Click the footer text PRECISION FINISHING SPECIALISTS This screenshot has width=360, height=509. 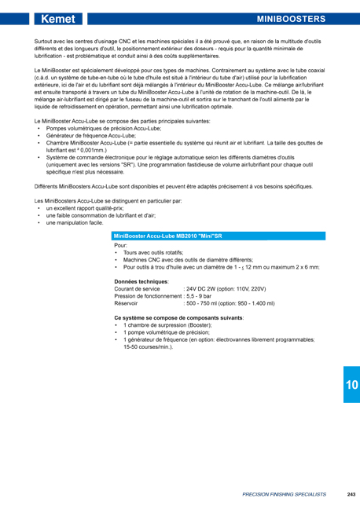pos(283,494)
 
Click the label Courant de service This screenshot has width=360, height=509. pos(138,288)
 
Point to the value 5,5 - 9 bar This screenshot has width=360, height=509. pos(197,295)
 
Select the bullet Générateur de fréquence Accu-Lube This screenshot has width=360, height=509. pos(93,134)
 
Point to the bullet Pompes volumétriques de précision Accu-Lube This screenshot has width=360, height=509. pos(103,127)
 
